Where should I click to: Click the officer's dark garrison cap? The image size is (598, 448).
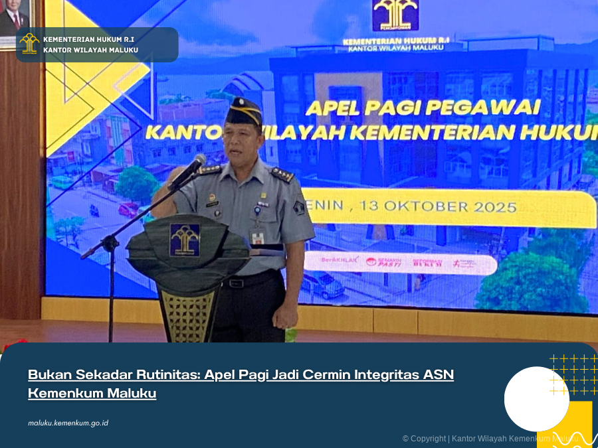click(243, 112)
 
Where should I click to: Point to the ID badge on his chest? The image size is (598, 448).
click(258, 236)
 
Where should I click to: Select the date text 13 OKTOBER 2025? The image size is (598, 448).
click(438, 206)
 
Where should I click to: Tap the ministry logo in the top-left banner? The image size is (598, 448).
click(29, 44)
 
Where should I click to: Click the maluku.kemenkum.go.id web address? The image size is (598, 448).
click(68, 423)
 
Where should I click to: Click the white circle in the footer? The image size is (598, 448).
click(536, 399)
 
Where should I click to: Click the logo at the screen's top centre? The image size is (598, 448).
click(395, 15)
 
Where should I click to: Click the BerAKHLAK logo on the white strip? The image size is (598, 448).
click(340, 260)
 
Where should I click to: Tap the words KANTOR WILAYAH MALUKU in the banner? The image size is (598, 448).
click(90, 50)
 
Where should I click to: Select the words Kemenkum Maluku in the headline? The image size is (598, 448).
click(92, 393)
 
